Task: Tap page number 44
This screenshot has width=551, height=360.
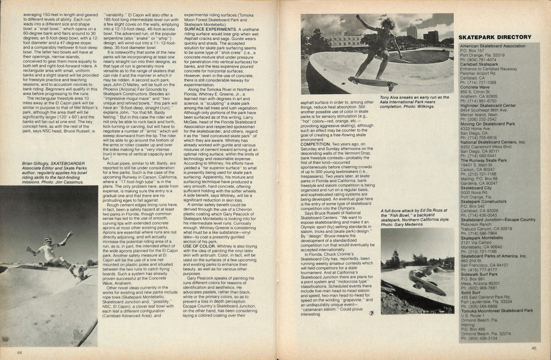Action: coord(20,352)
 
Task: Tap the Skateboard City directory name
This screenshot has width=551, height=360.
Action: coord(476,187)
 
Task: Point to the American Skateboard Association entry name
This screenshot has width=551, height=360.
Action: coord(493,46)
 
